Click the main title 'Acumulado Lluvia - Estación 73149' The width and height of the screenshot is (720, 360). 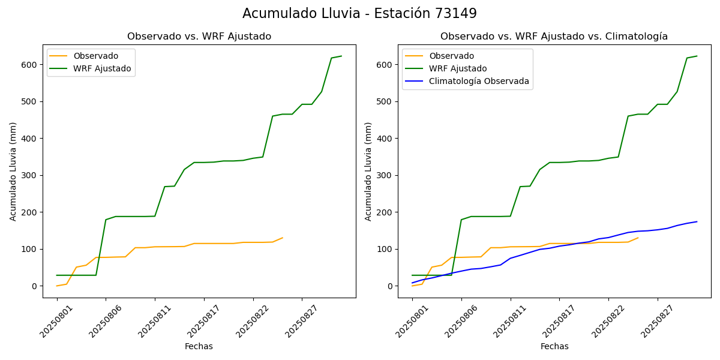click(359, 13)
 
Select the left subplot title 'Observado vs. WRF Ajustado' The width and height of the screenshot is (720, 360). click(199, 37)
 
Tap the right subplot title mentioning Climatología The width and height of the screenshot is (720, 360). click(554, 37)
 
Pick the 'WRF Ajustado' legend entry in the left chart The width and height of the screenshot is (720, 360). click(102, 68)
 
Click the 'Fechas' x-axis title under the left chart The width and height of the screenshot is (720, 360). click(199, 346)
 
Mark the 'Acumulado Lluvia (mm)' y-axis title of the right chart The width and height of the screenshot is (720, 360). click(368, 171)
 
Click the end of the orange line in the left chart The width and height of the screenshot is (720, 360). click(283, 238)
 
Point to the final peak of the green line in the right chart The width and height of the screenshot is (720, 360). click(697, 56)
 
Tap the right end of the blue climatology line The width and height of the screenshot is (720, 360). click(697, 221)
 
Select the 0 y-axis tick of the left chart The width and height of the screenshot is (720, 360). click(35, 286)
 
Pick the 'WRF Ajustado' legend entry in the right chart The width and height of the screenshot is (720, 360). click(457, 68)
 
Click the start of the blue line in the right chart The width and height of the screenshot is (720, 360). click(412, 283)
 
